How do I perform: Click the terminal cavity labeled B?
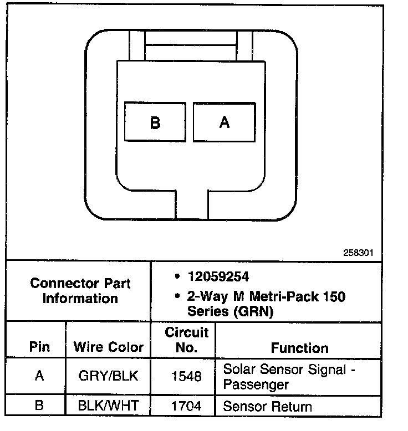(155, 122)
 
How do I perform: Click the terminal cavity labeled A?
(224, 122)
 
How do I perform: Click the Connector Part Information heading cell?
(80, 291)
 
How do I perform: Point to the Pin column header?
(39, 348)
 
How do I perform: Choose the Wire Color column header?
(108, 348)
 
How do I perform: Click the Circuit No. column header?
(187, 340)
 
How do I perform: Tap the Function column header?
(299, 348)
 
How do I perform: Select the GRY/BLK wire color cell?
(108, 376)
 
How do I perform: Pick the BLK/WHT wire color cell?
(108, 406)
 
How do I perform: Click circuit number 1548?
(186, 376)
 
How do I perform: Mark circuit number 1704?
(186, 406)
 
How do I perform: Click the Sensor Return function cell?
(267, 407)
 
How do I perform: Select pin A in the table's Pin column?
(39, 376)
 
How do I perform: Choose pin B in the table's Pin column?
(39, 406)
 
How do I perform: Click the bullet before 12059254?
(176, 276)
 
